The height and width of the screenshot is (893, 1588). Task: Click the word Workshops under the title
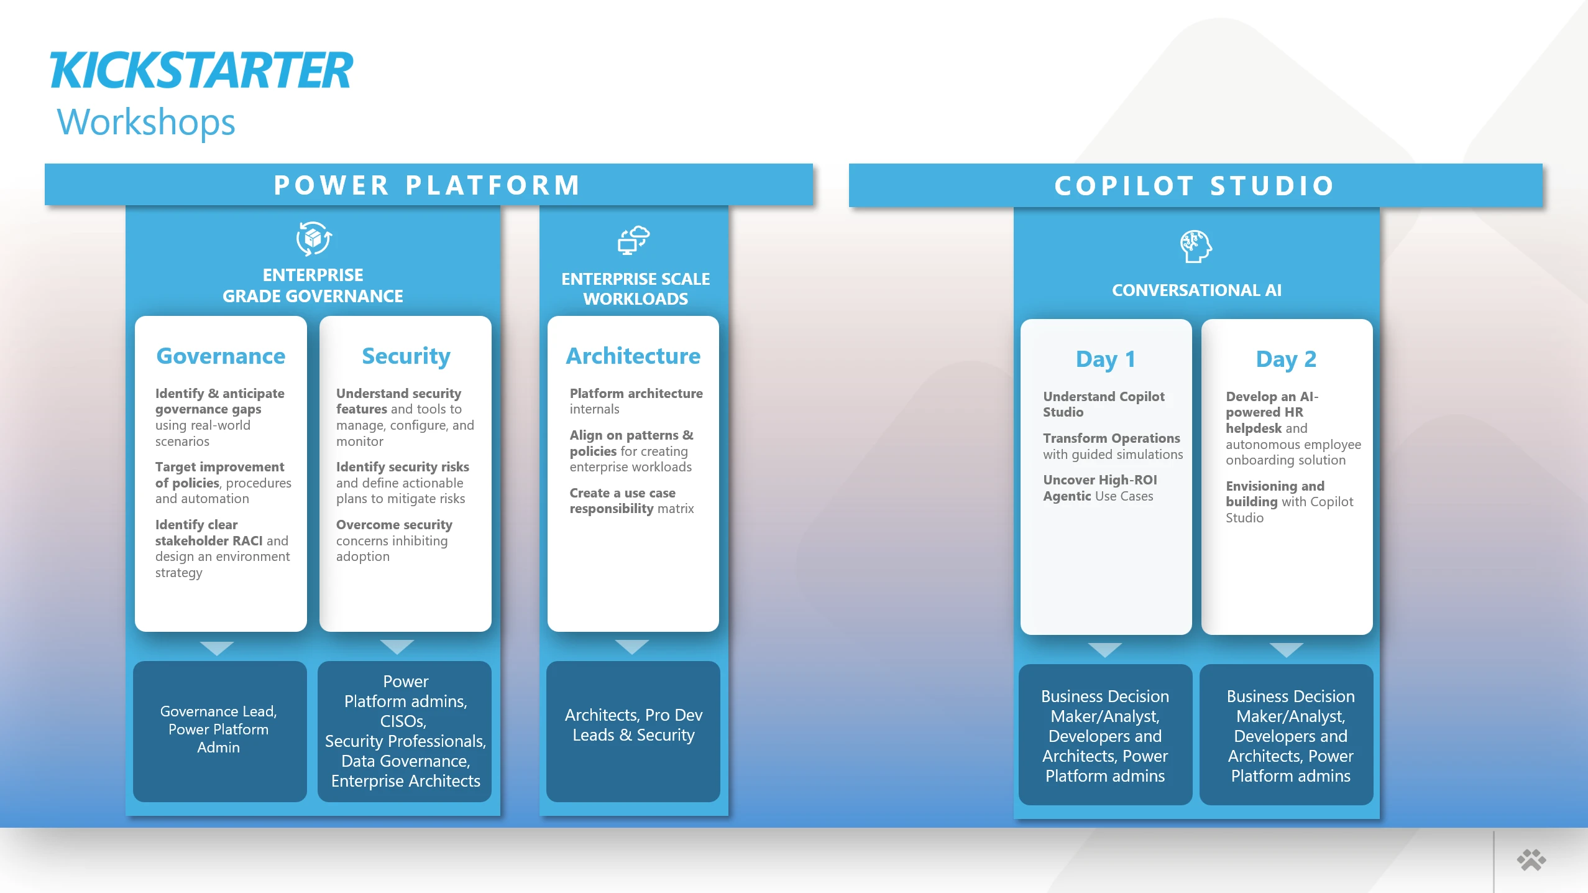tap(146, 122)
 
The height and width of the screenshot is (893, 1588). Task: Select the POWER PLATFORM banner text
tap(428, 185)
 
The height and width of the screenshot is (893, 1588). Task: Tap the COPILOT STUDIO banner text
tap(1195, 186)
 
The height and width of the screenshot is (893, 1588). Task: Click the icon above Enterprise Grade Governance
tap(313, 239)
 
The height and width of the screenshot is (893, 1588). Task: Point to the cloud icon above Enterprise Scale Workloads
tap(633, 240)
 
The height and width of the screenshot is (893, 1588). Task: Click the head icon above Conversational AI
tap(1196, 247)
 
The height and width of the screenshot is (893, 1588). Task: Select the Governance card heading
tap(221, 356)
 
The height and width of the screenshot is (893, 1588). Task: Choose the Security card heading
tap(406, 356)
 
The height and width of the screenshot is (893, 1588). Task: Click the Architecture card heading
tap(633, 356)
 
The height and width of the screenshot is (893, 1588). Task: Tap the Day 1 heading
tap(1105, 359)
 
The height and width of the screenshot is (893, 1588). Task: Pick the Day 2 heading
tap(1286, 359)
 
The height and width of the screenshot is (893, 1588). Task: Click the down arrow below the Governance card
tap(217, 648)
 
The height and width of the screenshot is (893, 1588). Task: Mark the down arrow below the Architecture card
tap(631, 647)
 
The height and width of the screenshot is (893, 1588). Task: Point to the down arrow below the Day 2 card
tap(1286, 650)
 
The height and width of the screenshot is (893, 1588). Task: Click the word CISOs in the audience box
tap(403, 721)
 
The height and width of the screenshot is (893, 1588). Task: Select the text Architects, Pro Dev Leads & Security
tap(633, 725)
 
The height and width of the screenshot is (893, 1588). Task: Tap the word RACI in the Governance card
tap(247, 541)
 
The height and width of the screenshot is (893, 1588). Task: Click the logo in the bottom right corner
tap(1531, 861)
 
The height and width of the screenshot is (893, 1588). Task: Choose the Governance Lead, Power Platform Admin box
tap(219, 731)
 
